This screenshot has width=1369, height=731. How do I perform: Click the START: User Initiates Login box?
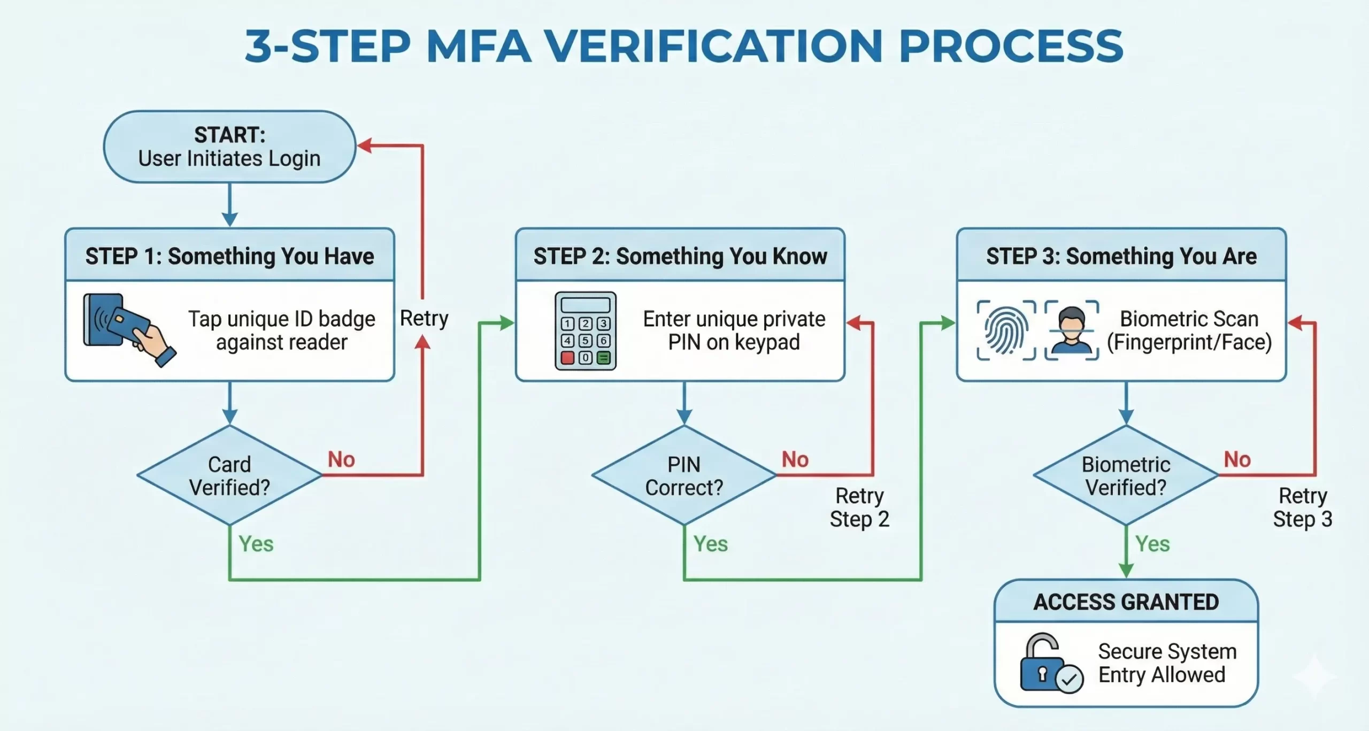pos(229,147)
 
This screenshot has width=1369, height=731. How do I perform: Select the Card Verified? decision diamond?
pos(229,475)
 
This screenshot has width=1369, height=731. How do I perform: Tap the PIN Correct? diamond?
pos(684,475)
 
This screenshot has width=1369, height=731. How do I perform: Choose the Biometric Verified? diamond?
pos(1126,475)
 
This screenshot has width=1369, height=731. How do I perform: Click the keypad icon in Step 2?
pos(586,331)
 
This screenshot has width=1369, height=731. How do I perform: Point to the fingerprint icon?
pos(1006,330)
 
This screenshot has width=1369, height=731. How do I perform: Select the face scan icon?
pos(1072,330)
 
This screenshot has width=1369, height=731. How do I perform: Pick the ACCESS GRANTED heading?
pos(1126,602)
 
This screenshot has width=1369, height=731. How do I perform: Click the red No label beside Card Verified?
pos(341,459)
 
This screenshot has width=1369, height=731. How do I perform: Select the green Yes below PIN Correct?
pos(710,544)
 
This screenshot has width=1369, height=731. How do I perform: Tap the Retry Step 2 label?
pos(859,507)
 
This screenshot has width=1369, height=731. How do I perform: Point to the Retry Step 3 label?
pos(1302,507)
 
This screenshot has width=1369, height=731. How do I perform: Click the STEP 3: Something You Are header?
pos(1121,256)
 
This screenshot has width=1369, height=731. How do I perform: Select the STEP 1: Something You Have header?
pos(229,256)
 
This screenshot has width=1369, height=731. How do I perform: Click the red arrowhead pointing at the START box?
pos(365,145)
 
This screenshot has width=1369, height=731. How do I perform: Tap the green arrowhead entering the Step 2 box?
pos(506,323)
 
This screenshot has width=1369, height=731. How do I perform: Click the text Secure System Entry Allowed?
pos(1167,663)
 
